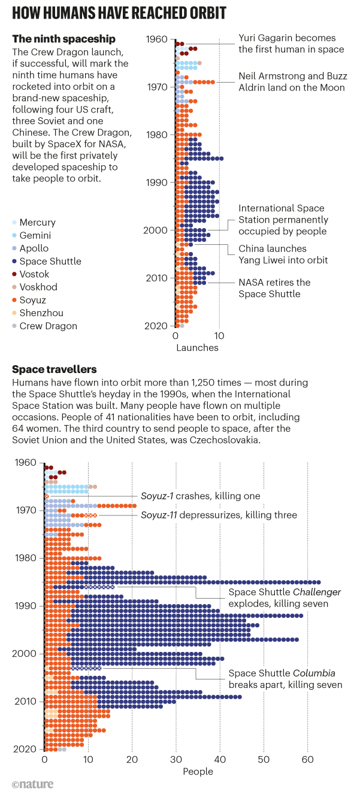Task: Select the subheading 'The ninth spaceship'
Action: point(63,39)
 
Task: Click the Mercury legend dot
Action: point(15,222)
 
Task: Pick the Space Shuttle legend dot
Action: point(15,261)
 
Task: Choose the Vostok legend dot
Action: point(15,274)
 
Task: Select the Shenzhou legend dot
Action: point(15,313)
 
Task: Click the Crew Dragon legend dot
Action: point(15,326)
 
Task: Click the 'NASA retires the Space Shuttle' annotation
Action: point(274,288)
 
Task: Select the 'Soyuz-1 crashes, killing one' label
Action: point(200,496)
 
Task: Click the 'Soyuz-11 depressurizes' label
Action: point(219,515)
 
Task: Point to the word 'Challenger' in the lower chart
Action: point(314,592)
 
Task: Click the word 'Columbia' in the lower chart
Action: point(310,673)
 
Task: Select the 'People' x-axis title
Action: point(198,772)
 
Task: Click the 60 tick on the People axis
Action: point(308,760)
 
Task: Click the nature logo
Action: point(32,784)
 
